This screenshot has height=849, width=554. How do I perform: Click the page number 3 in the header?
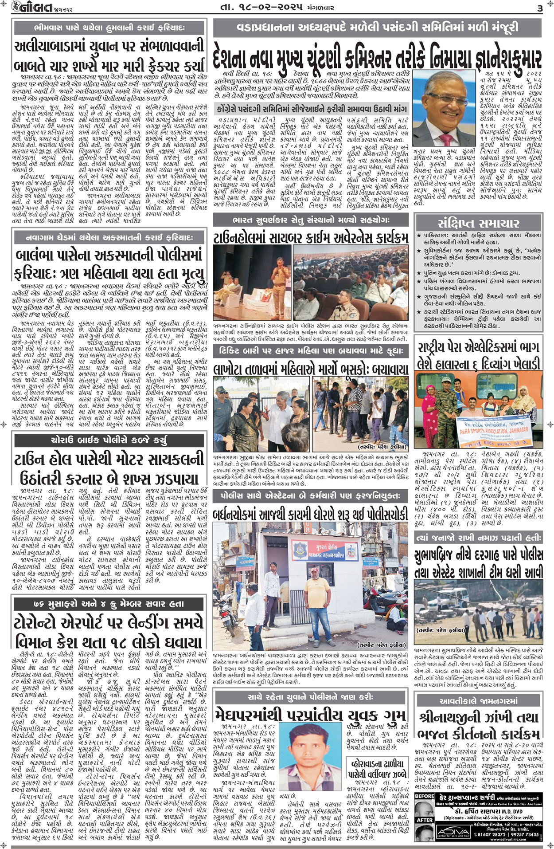coord(539,8)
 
